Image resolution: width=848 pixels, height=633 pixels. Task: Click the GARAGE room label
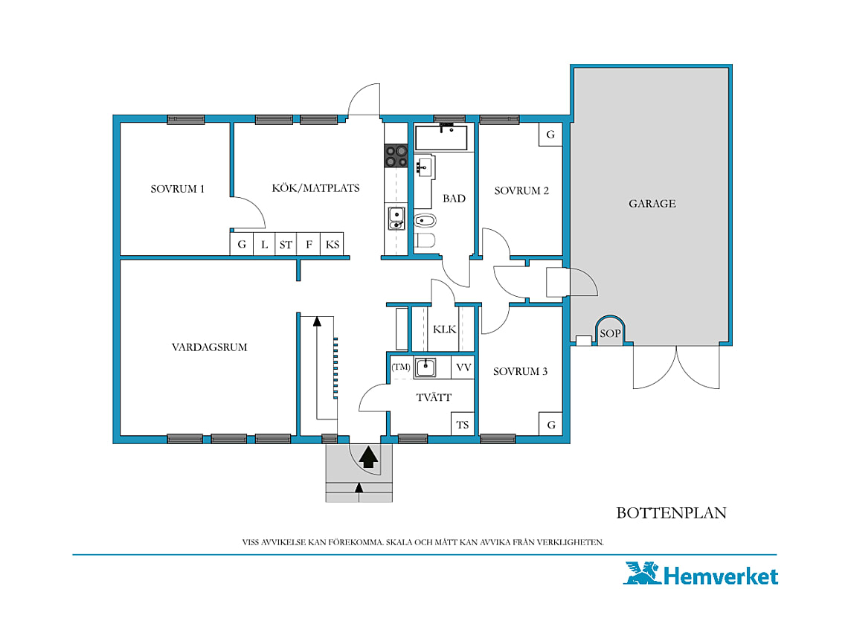click(652, 203)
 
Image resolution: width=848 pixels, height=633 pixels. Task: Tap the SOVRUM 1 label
click(177, 189)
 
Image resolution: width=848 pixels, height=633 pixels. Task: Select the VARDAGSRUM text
click(209, 347)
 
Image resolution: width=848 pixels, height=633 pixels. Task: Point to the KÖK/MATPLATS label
click(315, 188)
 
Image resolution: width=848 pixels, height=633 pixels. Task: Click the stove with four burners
click(396, 155)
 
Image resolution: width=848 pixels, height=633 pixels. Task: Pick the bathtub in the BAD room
click(441, 138)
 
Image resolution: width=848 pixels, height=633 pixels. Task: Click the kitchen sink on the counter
click(396, 218)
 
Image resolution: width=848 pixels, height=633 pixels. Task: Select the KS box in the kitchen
click(332, 244)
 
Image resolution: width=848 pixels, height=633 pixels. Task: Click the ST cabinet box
click(286, 244)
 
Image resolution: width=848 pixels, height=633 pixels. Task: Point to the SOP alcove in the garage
click(610, 330)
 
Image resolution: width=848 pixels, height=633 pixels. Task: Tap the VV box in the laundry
click(463, 367)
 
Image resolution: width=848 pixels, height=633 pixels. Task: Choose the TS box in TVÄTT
click(463, 425)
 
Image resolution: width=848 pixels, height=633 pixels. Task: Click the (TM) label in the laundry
click(401, 367)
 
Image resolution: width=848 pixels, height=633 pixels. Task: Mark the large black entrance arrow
click(368, 457)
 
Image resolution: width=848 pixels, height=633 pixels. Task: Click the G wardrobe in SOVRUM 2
click(550, 135)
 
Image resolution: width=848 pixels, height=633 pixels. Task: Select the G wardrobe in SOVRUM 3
click(550, 424)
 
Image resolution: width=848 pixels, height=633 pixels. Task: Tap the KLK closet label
click(444, 330)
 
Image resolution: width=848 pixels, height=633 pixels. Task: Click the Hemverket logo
click(701, 573)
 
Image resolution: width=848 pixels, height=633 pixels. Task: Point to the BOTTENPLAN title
click(671, 513)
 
